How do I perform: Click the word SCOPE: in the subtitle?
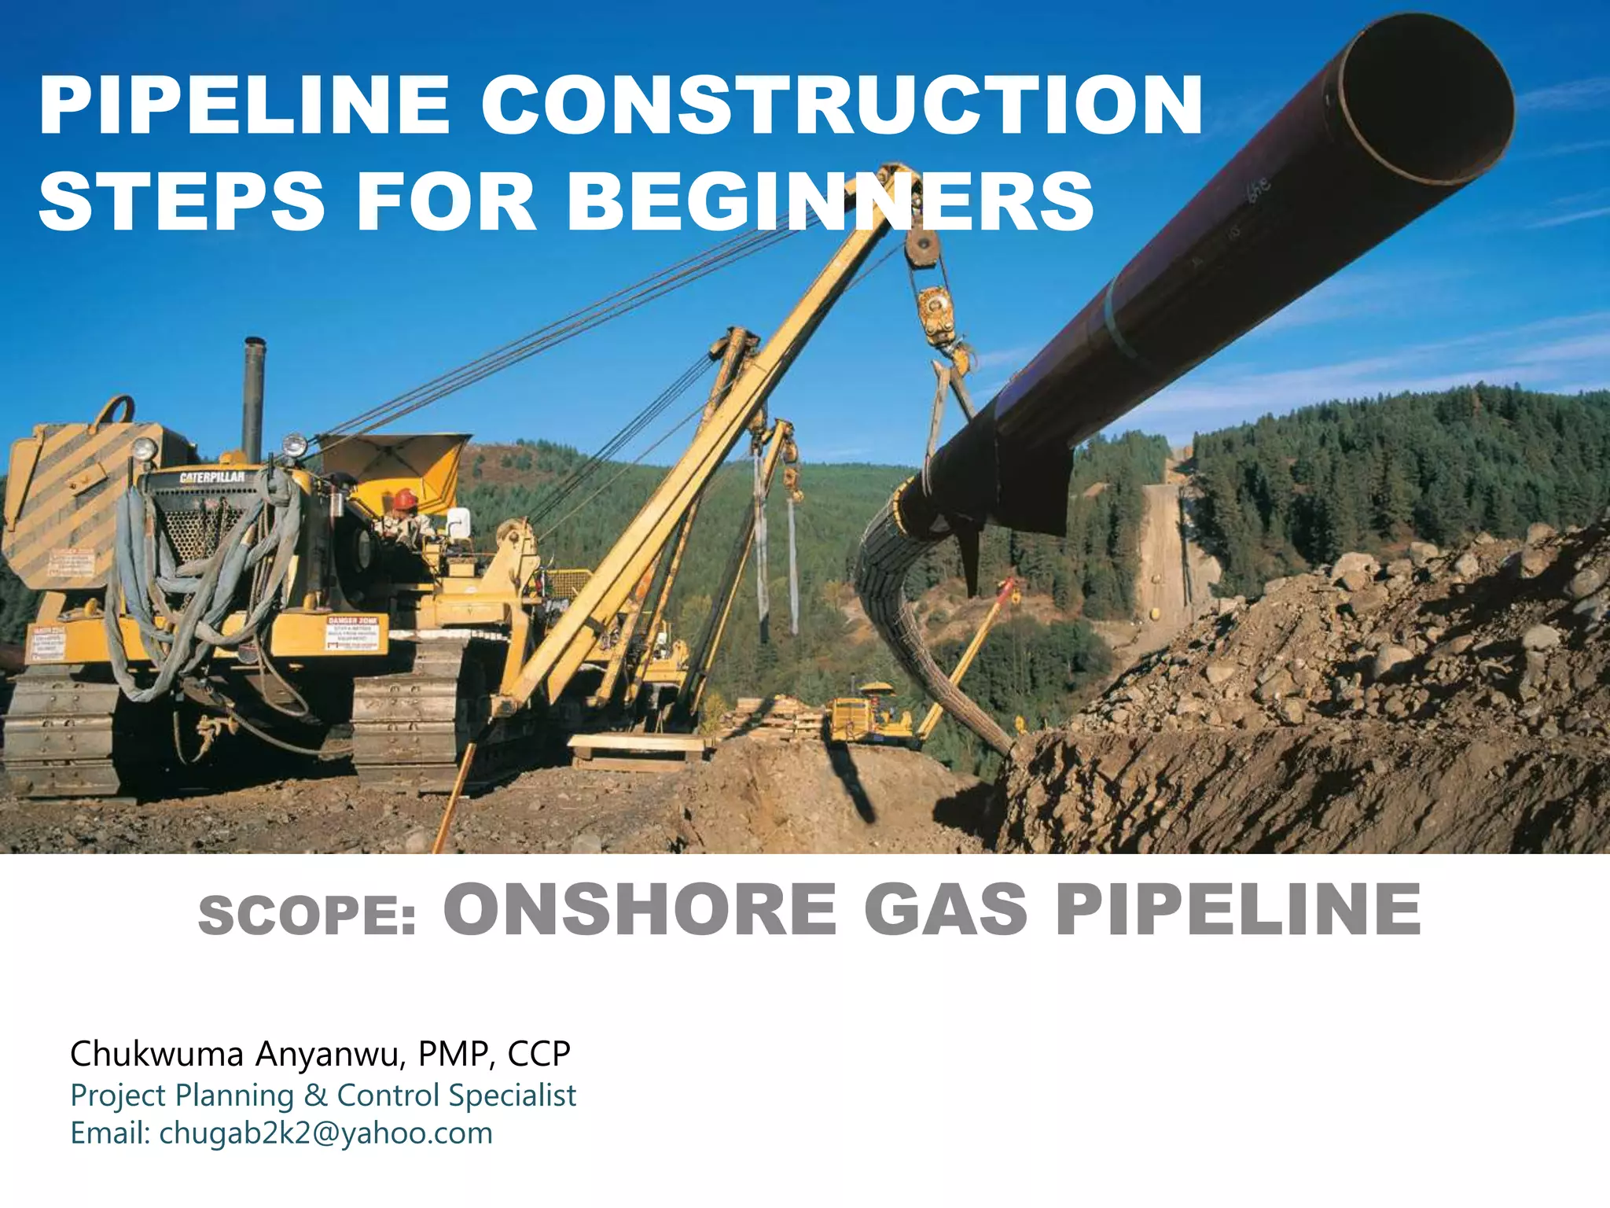pyautogui.click(x=307, y=916)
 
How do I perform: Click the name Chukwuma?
pyautogui.click(x=157, y=1054)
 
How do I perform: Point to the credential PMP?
pyautogui.click(x=457, y=1054)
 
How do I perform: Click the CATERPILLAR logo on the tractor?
pyautogui.click(x=211, y=477)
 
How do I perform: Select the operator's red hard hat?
pyautogui.click(x=405, y=498)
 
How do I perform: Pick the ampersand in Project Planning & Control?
pyautogui.click(x=315, y=1095)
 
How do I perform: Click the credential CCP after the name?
pyautogui.click(x=539, y=1054)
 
